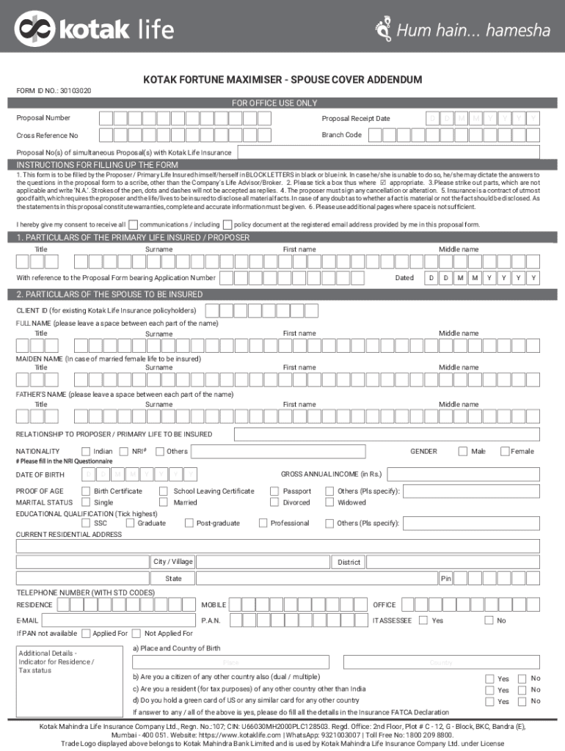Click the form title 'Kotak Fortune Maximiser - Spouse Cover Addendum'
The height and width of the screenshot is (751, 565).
click(282, 79)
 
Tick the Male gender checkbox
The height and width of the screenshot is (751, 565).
click(463, 451)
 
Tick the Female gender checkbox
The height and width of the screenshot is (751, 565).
click(505, 451)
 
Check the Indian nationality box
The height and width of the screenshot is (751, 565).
click(87, 451)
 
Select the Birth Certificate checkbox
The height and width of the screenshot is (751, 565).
click(87, 491)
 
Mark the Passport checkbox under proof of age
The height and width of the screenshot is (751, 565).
click(276, 491)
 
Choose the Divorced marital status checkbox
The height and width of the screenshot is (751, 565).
click(276, 502)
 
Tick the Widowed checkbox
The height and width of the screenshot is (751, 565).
click(330, 502)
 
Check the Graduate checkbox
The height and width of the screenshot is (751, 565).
click(131, 523)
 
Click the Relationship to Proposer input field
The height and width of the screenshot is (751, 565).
click(386, 434)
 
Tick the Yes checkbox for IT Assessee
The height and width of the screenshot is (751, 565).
click(423, 620)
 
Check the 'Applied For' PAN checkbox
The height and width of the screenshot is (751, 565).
click(87, 633)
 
